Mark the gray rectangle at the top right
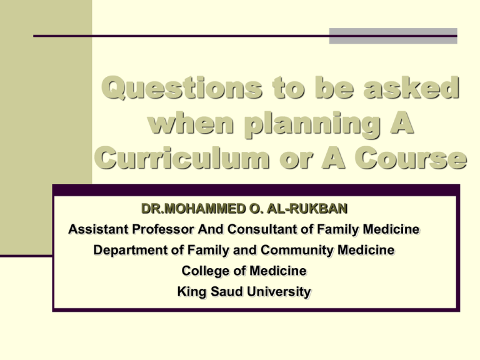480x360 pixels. click(393, 36)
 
